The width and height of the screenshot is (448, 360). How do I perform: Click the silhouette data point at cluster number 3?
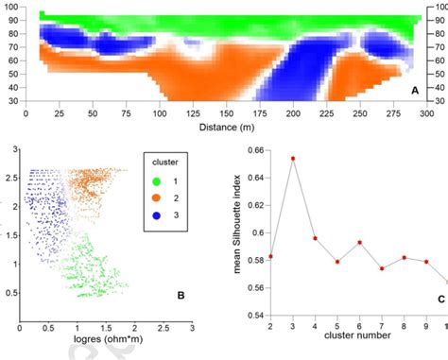tap(293, 159)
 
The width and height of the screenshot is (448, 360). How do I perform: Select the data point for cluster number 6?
tap(359, 243)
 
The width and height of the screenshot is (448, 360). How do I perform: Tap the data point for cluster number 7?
tap(382, 268)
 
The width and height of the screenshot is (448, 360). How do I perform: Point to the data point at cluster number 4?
tap(315, 238)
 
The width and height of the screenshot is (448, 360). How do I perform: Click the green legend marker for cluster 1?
tap(156, 181)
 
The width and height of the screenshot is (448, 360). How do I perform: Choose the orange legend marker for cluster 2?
tap(156, 198)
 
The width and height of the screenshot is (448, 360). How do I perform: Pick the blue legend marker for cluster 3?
tap(156, 215)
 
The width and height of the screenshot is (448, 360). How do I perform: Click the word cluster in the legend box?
tap(165, 163)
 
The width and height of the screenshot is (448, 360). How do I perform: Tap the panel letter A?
tap(415, 91)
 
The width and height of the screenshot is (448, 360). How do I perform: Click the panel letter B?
tap(181, 296)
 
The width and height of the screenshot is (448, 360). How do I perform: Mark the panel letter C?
tap(441, 300)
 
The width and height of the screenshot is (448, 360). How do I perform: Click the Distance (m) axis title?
tap(227, 128)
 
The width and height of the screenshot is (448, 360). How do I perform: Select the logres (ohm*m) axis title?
tap(108, 339)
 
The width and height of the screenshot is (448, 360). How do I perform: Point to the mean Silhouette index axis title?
tap(237, 224)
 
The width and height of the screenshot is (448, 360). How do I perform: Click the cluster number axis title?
tap(357, 335)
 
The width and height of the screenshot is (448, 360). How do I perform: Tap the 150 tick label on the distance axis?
tap(227, 113)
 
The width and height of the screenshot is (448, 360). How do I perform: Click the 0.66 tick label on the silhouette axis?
tap(256, 150)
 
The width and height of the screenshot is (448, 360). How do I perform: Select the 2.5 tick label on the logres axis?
tap(164, 328)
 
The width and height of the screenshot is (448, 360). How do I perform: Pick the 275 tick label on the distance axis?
tap(393, 113)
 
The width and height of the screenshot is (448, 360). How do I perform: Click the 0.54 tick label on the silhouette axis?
tap(256, 316)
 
